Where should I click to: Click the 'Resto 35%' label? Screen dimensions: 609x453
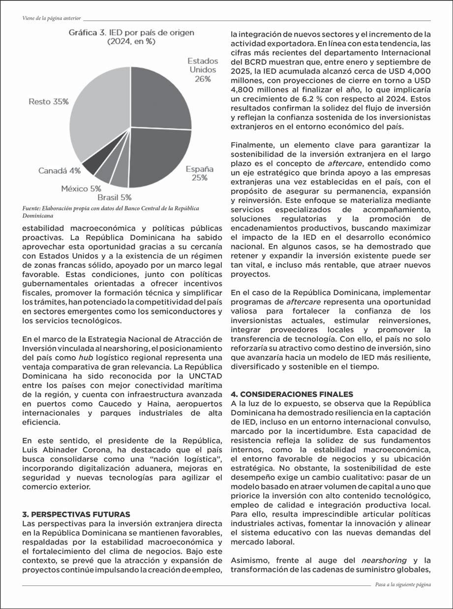[x=48, y=101]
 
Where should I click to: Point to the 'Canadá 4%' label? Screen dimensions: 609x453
[x=60, y=171]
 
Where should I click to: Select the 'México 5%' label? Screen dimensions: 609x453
[x=81, y=188]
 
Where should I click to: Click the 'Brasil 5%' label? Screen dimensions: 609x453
[x=115, y=198]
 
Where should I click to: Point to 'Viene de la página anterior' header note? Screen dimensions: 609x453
[x=52, y=18]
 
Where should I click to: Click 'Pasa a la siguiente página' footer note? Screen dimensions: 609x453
[x=402, y=584]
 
